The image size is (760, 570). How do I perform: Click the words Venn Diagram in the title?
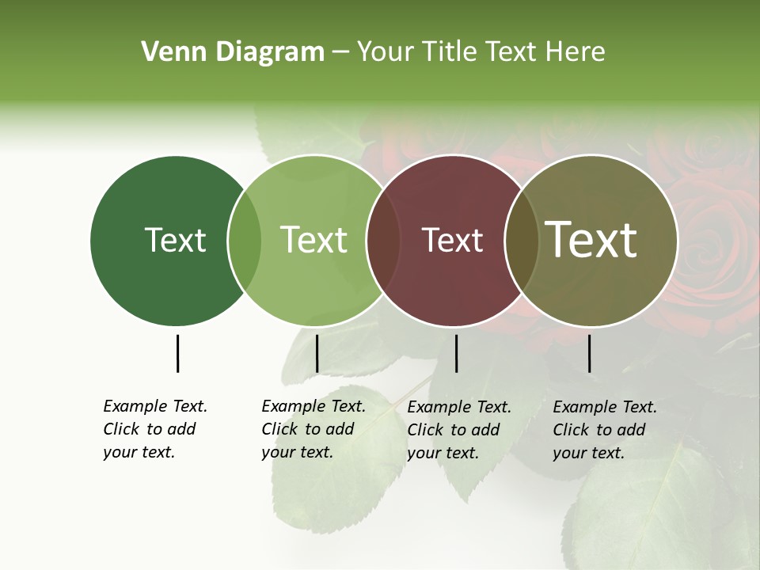(x=233, y=52)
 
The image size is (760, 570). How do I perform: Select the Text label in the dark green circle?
(x=175, y=240)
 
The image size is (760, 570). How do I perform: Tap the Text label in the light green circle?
(x=313, y=240)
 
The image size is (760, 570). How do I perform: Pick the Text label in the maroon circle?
(x=452, y=240)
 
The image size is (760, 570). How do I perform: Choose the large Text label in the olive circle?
(x=591, y=240)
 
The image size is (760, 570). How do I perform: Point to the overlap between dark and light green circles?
(x=245, y=240)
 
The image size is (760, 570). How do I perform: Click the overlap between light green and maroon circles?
(x=383, y=240)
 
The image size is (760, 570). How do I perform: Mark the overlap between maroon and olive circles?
(x=521, y=240)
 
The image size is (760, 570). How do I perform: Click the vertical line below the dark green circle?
(x=177, y=353)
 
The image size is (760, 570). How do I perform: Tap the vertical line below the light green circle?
(x=317, y=353)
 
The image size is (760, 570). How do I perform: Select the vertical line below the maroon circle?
(x=456, y=353)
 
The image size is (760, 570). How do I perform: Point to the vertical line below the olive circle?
(x=589, y=353)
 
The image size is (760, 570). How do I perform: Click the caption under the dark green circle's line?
(x=155, y=429)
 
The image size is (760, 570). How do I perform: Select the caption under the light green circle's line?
(x=313, y=429)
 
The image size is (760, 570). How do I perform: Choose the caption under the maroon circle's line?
(x=459, y=430)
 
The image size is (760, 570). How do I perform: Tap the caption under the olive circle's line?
(x=605, y=430)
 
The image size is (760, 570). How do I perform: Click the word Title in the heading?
(x=449, y=52)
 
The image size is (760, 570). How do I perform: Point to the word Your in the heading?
(x=386, y=52)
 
